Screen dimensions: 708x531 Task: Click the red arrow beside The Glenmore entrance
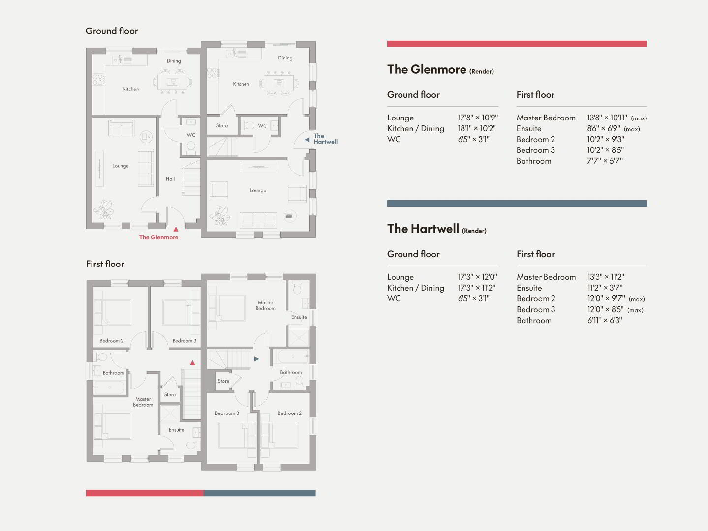click(x=176, y=229)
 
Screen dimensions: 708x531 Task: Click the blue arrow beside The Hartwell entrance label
click(x=307, y=140)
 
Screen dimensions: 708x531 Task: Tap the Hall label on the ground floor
click(x=170, y=179)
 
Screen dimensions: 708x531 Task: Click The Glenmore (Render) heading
click(x=440, y=70)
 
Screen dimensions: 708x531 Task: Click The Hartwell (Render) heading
click(x=437, y=229)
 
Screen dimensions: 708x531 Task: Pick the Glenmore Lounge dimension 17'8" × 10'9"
click(x=478, y=118)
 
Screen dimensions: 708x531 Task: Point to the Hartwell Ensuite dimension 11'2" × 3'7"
click(x=605, y=288)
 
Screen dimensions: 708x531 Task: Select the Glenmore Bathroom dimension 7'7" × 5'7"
click(x=605, y=161)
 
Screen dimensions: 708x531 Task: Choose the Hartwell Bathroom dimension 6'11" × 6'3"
click(x=605, y=320)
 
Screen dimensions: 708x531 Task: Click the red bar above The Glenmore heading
click(x=517, y=44)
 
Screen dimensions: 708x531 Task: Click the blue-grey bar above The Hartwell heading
click(x=517, y=204)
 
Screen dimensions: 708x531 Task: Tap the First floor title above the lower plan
click(x=105, y=264)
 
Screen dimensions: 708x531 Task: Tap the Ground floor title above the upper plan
click(x=112, y=31)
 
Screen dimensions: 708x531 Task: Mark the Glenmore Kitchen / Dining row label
click(x=415, y=128)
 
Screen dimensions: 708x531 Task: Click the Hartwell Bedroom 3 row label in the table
click(x=536, y=310)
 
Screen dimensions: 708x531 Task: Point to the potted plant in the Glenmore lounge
click(x=103, y=209)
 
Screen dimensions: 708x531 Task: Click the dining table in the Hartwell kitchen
click(x=278, y=83)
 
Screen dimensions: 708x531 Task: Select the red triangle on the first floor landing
click(x=192, y=362)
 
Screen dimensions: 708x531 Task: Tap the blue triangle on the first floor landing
click(x=256, y=359)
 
